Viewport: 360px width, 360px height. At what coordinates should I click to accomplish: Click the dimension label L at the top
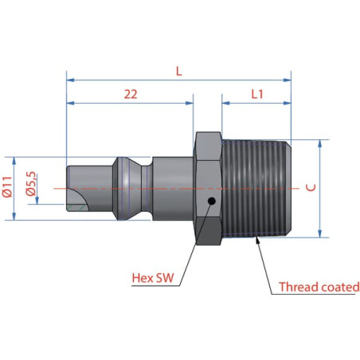pyautogui.click(x=179, y=71)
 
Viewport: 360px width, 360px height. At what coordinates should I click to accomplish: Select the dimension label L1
pyautogui.click(x=257, y=94)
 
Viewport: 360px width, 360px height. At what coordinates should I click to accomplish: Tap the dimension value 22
pyautogui.click(x=131, y=94)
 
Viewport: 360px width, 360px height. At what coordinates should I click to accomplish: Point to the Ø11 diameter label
pyautogui.click(x=8, y=186)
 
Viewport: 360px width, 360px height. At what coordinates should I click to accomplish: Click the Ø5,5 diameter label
pyautogui.click(x=31, y=184)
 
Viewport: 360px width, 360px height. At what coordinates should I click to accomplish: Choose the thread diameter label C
pyautogui.click(x=311, y=187)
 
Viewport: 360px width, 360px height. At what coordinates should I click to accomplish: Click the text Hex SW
pyautogui.click(x=153, y=278)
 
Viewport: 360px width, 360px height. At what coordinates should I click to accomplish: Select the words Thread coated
pyautogui.click(x=319, y=287)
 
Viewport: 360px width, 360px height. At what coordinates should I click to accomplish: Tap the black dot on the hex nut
pyautogui.click(x=211, y=202)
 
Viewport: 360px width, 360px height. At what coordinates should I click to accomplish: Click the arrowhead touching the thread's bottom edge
pyautogui.click(x=257, y=241)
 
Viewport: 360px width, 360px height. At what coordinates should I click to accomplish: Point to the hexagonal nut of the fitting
pyautogui.click(x=209, y=188)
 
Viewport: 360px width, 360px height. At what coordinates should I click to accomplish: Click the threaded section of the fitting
pyautogui.click(x=256, y=188)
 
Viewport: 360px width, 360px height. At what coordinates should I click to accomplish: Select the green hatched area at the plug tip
pyautogui.click(x=77, y=208)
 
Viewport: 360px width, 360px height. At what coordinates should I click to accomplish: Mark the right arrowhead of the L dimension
pyautogui.click(x=288, y=80)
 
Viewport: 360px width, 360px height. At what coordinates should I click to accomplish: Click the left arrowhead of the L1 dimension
pyautogui.click(x=225, y=103)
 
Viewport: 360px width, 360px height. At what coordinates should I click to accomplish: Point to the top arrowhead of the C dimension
pyautogui.click(x=320, y=143)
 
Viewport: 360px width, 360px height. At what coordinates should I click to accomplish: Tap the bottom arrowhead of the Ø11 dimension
pyautogui.click(x=14, y=217)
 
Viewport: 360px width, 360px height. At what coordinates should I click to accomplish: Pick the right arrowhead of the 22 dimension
pyautogui.click(x=190, y=103)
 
